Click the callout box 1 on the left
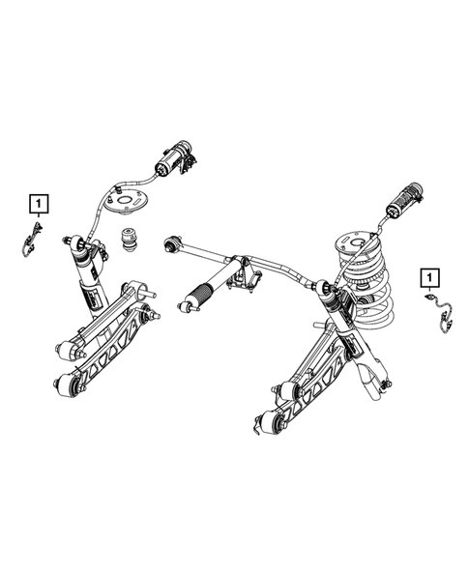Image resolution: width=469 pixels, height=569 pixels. tap(38, 203)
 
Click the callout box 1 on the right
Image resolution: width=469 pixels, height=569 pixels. tap(426, 278)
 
